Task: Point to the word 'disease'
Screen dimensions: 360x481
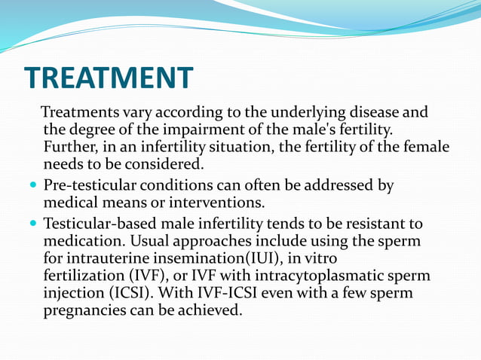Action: click(x=376, y=113)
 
